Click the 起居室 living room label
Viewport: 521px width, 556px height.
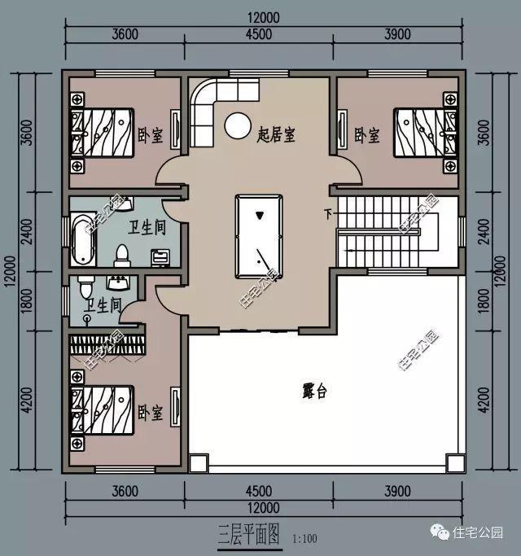click(275, 133)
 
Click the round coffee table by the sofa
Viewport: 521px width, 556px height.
click(238, 125)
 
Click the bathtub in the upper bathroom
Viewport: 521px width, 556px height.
click(81, 238)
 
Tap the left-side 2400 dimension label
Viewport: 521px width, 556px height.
click(26, 234)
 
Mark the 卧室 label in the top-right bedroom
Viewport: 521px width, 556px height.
click(367, 134)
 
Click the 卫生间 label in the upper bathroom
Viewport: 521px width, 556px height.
click(147, 227)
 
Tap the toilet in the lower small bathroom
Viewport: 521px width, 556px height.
click(85, 287)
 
